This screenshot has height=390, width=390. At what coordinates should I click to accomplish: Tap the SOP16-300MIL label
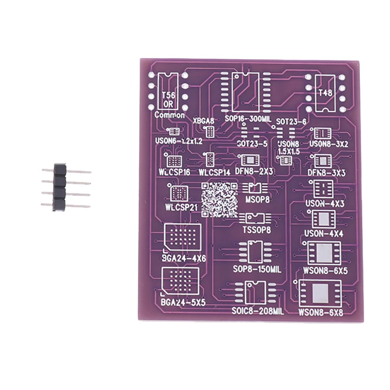pos(247,119)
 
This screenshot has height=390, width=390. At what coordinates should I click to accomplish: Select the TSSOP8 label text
pos(256,230)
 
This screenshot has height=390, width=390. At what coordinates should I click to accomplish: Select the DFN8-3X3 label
pos(327,173)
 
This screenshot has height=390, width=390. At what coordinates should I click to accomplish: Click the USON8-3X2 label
pos(329,145)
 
